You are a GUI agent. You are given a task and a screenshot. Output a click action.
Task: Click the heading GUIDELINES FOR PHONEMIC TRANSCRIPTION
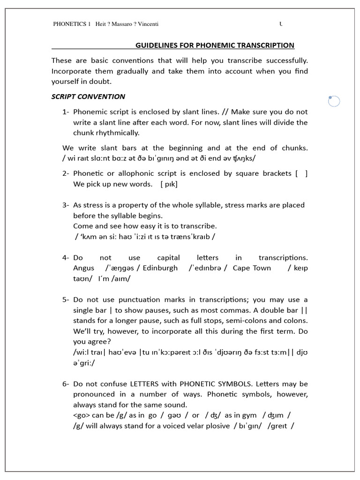215,45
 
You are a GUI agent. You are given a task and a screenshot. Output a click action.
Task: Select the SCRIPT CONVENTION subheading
88,97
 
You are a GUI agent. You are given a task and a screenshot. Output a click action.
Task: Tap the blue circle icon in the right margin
334,101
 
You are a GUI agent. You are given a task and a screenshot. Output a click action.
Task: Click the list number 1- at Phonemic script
66,112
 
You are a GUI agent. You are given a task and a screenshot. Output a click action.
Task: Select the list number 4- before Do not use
66,258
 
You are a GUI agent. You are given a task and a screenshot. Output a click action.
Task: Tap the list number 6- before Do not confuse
66,384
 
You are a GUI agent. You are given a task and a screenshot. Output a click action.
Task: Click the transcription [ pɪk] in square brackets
169,184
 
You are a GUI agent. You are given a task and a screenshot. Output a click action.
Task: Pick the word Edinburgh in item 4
160,268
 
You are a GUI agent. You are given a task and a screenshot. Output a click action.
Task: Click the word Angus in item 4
83,268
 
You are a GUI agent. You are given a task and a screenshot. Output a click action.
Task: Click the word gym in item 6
249,415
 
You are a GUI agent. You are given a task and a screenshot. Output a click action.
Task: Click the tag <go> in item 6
82,415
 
